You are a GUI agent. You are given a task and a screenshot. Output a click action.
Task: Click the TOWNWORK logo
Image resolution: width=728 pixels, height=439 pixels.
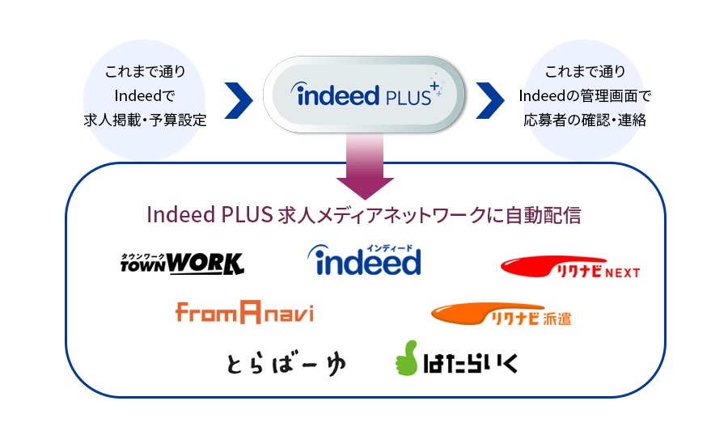coord(181,263)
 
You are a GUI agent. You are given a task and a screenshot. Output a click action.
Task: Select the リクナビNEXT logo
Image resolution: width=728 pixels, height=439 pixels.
coord(570,268)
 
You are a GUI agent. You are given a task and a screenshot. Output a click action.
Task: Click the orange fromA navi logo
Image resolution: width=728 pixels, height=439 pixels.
coord(243,311)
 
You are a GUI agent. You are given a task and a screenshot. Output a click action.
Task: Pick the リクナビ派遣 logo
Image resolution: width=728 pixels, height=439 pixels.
coord(501,314)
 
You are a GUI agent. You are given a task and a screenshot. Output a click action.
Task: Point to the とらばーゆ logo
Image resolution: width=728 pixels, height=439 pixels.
coord(286,364)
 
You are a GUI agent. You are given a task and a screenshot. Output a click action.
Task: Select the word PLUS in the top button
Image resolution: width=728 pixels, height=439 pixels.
coord(405,98)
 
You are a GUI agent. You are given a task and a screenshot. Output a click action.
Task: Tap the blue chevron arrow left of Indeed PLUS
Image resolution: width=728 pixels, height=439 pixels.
coord(237,98)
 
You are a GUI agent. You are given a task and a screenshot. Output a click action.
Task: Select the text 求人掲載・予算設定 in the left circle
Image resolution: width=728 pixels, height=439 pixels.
coord(145,120)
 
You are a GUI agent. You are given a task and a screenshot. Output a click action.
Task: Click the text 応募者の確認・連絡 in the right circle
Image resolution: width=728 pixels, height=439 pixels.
coord(584,120)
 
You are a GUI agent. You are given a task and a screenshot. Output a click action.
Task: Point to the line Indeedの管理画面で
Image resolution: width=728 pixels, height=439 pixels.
coord(584,96)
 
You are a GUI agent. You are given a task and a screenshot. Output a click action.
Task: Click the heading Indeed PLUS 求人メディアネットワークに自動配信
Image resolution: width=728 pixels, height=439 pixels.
coord(364,216)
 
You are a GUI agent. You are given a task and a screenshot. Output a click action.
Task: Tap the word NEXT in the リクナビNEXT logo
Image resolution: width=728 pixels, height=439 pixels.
coord(621,273)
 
